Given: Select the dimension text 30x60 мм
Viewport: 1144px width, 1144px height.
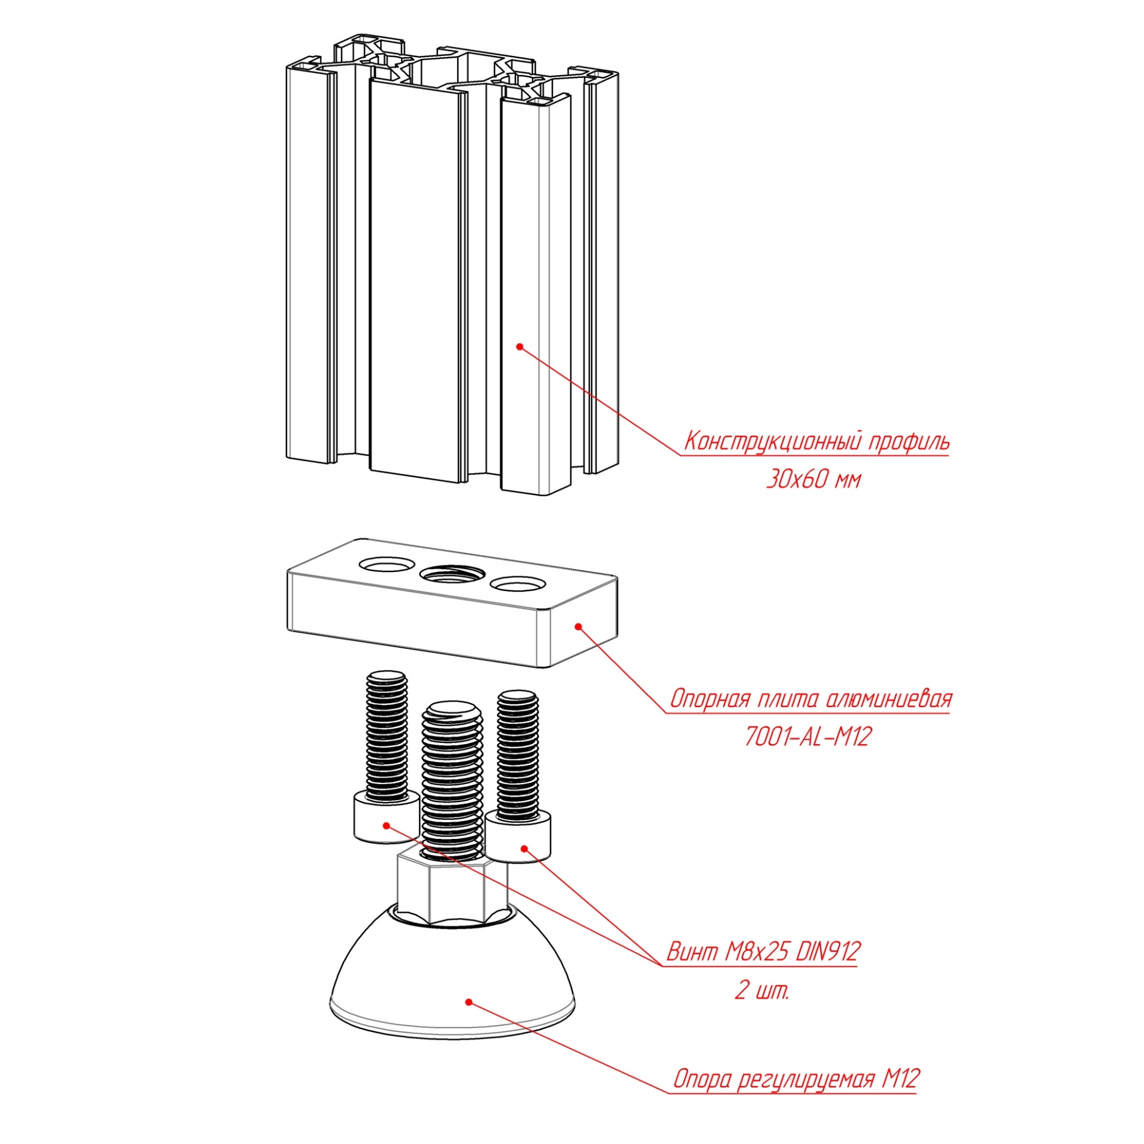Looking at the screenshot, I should [813, 479].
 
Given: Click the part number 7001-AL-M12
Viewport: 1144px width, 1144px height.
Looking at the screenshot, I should [807, 737].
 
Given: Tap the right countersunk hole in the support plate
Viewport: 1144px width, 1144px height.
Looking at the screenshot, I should [517, 584].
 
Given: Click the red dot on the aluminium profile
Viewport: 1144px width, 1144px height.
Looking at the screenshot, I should [519, 347].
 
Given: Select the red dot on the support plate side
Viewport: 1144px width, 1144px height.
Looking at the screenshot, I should [577, 626].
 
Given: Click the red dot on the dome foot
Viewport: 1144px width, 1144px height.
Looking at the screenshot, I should [469, 1002].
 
